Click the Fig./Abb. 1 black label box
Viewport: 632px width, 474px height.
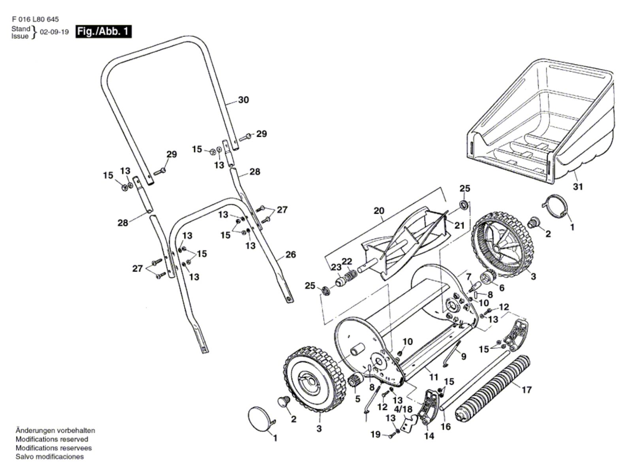coord(103,32)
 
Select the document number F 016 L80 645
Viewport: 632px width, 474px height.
coord(35,19)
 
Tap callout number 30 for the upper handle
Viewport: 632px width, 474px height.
coord(244,100)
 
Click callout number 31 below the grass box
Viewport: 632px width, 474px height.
coord(578,186)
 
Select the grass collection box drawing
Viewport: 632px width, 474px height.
coord(541,122)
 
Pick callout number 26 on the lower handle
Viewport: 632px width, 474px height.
coord(291,255)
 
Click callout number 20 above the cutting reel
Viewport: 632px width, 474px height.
coord(379,211)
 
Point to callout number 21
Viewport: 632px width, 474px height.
coord(459,226)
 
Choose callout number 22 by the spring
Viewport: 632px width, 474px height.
coord(347,261)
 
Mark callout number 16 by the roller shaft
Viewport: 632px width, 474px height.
coord(446,427)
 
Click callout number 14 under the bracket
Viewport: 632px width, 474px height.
coord(429,436)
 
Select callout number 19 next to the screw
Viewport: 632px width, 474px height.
coord(375,434)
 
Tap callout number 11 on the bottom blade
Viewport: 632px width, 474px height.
coord(434,377)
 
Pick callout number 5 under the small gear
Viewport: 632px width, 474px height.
coord(357,399)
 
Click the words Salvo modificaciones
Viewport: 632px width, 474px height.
coord(49,457)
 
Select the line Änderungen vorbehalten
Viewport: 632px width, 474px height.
coord(55,431)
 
